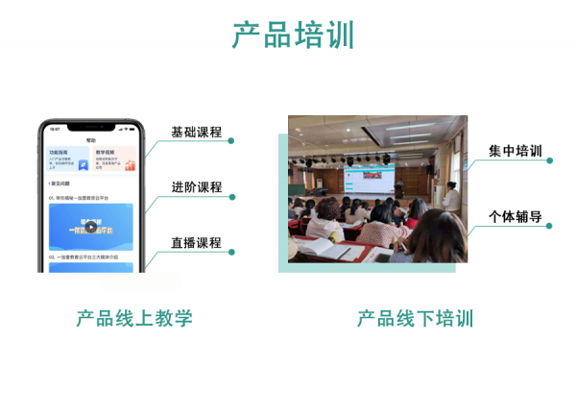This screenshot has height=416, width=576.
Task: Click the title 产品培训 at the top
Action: pos(293,35)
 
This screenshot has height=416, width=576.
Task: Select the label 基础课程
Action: pos(196,132)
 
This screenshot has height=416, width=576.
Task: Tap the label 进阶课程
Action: pos(196,187)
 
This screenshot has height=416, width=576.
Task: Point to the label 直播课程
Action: pos(196,243)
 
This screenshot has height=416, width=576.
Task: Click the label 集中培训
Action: pos(515,152)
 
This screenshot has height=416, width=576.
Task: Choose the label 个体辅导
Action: pos(515,217)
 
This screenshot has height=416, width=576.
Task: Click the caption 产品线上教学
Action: pos(134,318)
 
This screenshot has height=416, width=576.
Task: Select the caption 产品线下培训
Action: pos(415,318)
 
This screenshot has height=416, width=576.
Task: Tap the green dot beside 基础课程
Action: pos(231,141)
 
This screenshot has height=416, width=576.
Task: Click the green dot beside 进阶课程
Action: pos(231,197)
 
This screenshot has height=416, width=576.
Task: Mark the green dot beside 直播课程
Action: pos(231,253)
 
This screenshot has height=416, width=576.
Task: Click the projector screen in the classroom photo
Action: pos(369,181)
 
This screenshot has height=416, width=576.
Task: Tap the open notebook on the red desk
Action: pos(340,252)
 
